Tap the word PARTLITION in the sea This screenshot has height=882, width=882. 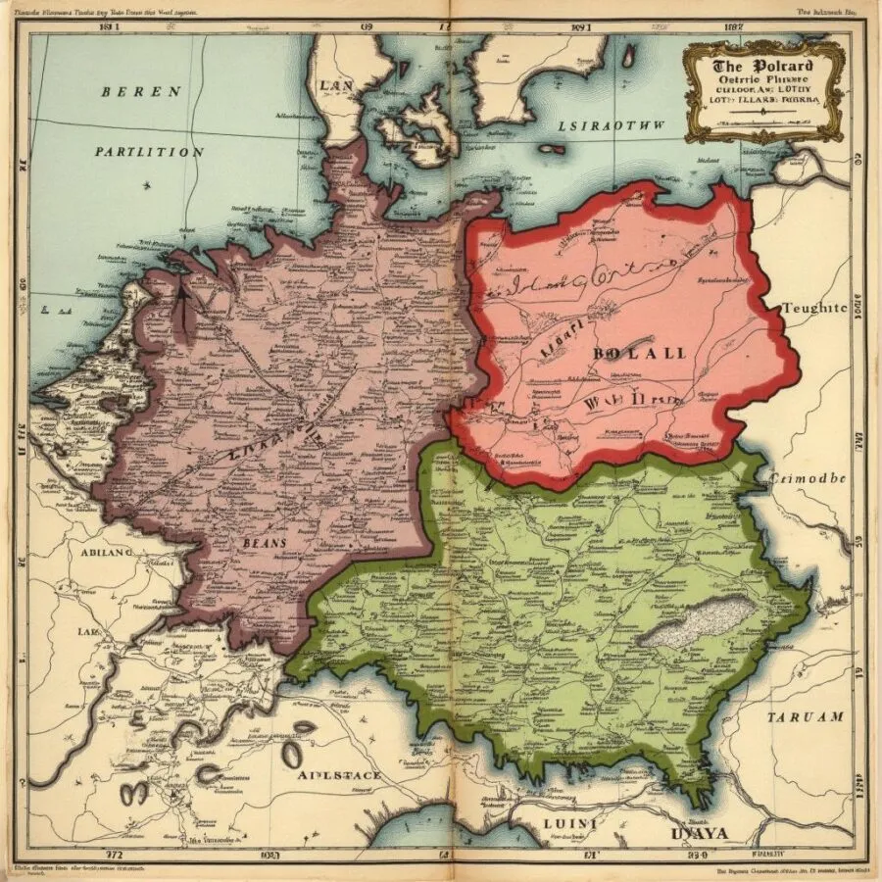pyautogui.click(x=150, y=152)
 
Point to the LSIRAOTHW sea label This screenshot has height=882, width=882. pyautogui.click(x=611, y=125)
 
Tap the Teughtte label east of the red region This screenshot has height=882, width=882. pyautogui.click(x=813, y=307)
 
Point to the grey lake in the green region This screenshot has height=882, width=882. pyautogui.click(x=698, y=621)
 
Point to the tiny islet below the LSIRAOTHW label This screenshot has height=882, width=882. pyautogui.click(x=552, y=150)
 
